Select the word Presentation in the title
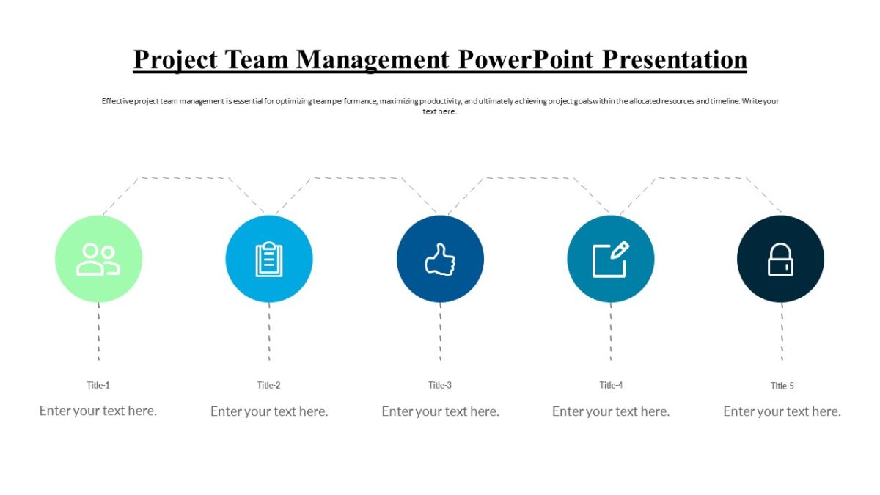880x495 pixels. coord(675,59)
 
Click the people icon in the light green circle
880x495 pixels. coord(98,260)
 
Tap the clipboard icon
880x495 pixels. coord(269,260)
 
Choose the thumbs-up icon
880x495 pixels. coord(440,260)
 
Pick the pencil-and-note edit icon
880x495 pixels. coord(611,260)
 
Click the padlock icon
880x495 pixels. coord(780,260)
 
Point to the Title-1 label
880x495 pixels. coord(98,385)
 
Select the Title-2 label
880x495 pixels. coord(269,385)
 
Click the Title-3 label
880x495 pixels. coord(440,385)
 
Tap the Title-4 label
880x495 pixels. coord(611,385)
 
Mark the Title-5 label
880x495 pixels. coord(782,386)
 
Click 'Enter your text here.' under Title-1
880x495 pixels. coord(98,411)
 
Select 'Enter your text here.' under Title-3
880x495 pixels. coord(440,411)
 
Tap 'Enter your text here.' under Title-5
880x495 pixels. coord(782,411)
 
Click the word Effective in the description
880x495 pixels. coord(117,101)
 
